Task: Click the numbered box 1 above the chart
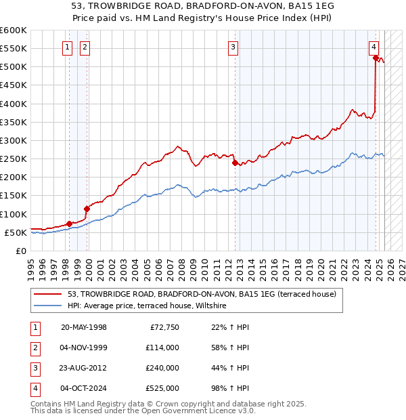click(68, 47)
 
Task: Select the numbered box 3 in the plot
click(233, 47)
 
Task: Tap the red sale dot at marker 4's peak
click(376, 58)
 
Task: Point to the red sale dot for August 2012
click(235, 163)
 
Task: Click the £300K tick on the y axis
click(14, 140)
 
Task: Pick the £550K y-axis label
click(14, 49)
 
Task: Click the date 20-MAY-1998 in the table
click(84, 327)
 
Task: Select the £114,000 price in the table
click(162, 348)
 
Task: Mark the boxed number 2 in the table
click(35, 348)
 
